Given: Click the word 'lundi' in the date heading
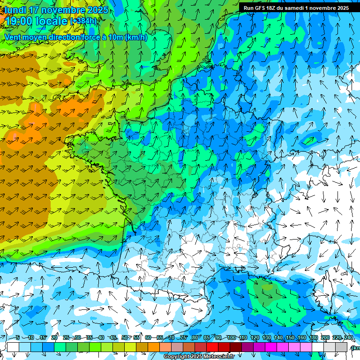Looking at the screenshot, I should pyautogui.click(x=15, y=10).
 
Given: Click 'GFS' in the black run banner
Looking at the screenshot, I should pyautogui.click(x=261, y=8).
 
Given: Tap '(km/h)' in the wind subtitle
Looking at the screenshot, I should pyautogui.click(x=136, y=37).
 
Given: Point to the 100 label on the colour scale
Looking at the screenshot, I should pyautogui.click(x=231, y=338).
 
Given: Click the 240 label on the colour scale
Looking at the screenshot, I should pyautogui.click(x=348, y=338).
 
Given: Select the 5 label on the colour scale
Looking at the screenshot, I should pyautogui.click(x=17, y=338).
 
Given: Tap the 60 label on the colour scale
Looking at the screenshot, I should pyautogui.click(x=148, y=338).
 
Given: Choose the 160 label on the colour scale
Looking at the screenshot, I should pyautogui.click(x=301, y=338).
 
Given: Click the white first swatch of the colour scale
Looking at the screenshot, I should pyautogui.click(x=13, y=347).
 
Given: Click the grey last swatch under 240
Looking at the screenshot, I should pyautogui.click(x=341, y=347).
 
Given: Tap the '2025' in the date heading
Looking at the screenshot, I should pyautogui.click(x=97, y=10).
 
